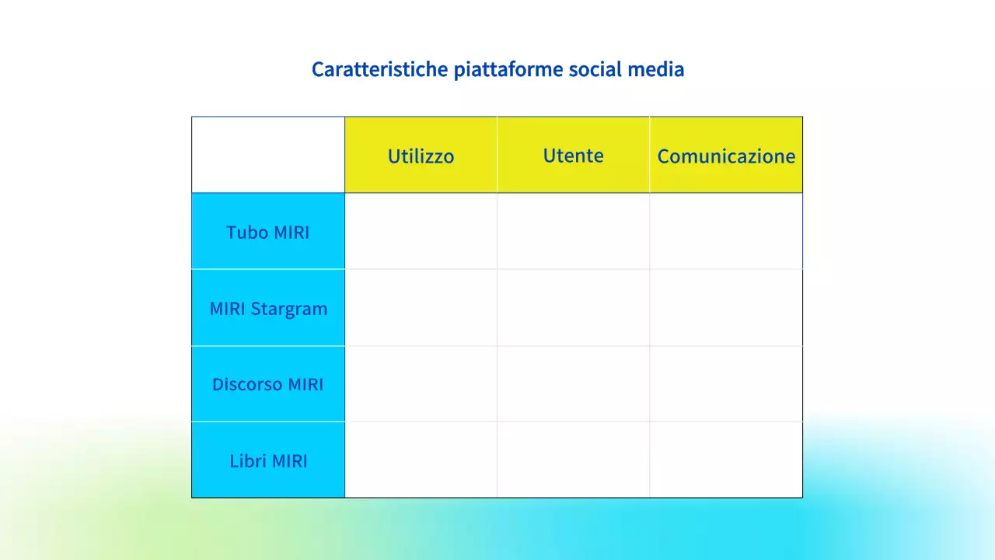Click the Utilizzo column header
(421, 156)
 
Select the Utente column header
(573, 155)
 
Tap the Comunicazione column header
(726, 156)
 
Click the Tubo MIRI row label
(268, 232)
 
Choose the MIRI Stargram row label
(268, 308)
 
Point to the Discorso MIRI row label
(268, 384)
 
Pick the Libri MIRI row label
(268, 460)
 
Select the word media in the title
(658, 69)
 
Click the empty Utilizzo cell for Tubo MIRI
(421, 231)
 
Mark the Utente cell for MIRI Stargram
(573, 308)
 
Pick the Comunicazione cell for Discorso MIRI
(726, 384)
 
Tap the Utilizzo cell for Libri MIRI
(421, 460)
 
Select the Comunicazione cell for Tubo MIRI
(726, 231)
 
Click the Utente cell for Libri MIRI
(573, 460)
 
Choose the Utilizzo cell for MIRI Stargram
(421, 308)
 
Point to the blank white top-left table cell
(268, 155)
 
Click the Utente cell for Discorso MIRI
(573, 384)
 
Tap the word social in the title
(597, 69)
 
